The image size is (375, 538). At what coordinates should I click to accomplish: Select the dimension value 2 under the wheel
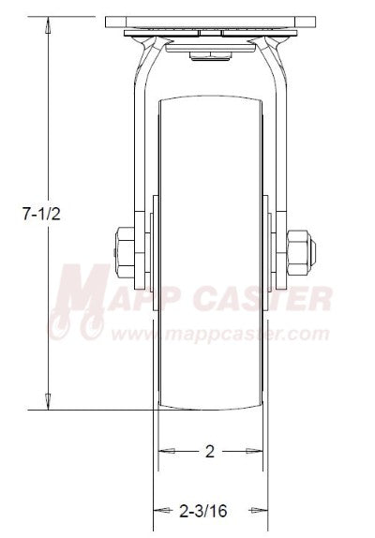[x=210, y=451]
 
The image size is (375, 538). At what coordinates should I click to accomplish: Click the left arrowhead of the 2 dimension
[x=162, y=451]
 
